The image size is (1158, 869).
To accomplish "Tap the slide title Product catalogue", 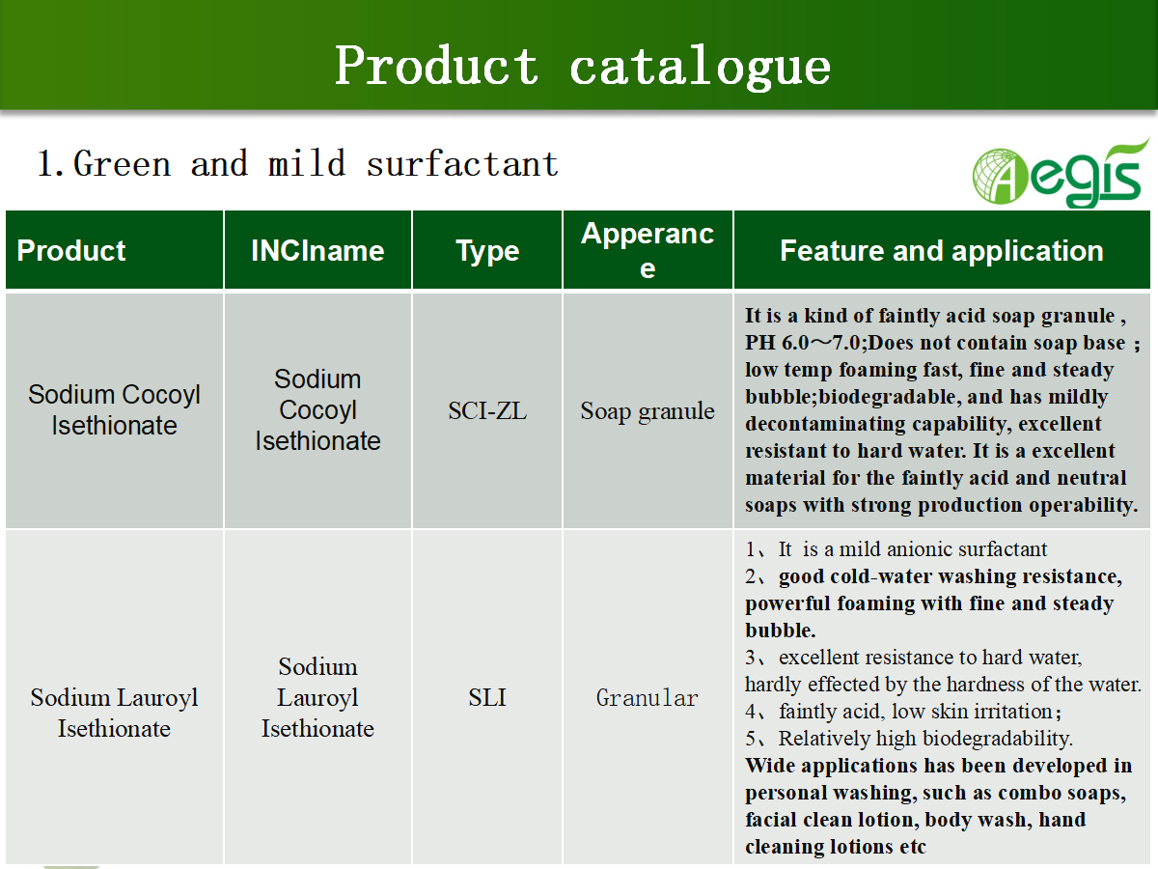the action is pyautogui.click(x=583, y=67).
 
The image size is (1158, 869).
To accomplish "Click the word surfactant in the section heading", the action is pyautogui.click(x=462, y=163).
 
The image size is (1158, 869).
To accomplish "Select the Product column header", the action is pyautogui.click(x=71, y=250).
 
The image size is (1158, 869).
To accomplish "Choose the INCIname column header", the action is pyautogui.click(x=317, y=250).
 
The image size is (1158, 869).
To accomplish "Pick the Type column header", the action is pyautogui.click(x=487, y=251).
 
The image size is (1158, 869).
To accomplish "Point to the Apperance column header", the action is pyautogui.click(x=648, y=250).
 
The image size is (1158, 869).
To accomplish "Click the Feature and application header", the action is pyautogui.click(x=942, y=250).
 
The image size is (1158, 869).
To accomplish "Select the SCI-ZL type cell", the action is pyautogui.click(x=487, y=410).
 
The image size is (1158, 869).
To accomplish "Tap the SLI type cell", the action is pyautogui.click(x=487, y=697).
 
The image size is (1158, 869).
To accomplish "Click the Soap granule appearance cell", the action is pyautogui.click(x=648, y=411).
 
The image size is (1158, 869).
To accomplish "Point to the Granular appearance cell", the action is pyautogui.click(x=648, y=697).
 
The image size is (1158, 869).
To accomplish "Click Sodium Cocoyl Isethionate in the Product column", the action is pyautogui.click(x=114, y=410).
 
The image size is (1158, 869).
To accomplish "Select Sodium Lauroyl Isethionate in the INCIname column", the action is pyautogui.click(x=317, y=697).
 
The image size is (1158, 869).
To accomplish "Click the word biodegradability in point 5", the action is pyautogui.click(x=998, y=739).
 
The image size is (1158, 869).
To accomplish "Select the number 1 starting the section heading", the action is pyautogui.click(x=45, y=163).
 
